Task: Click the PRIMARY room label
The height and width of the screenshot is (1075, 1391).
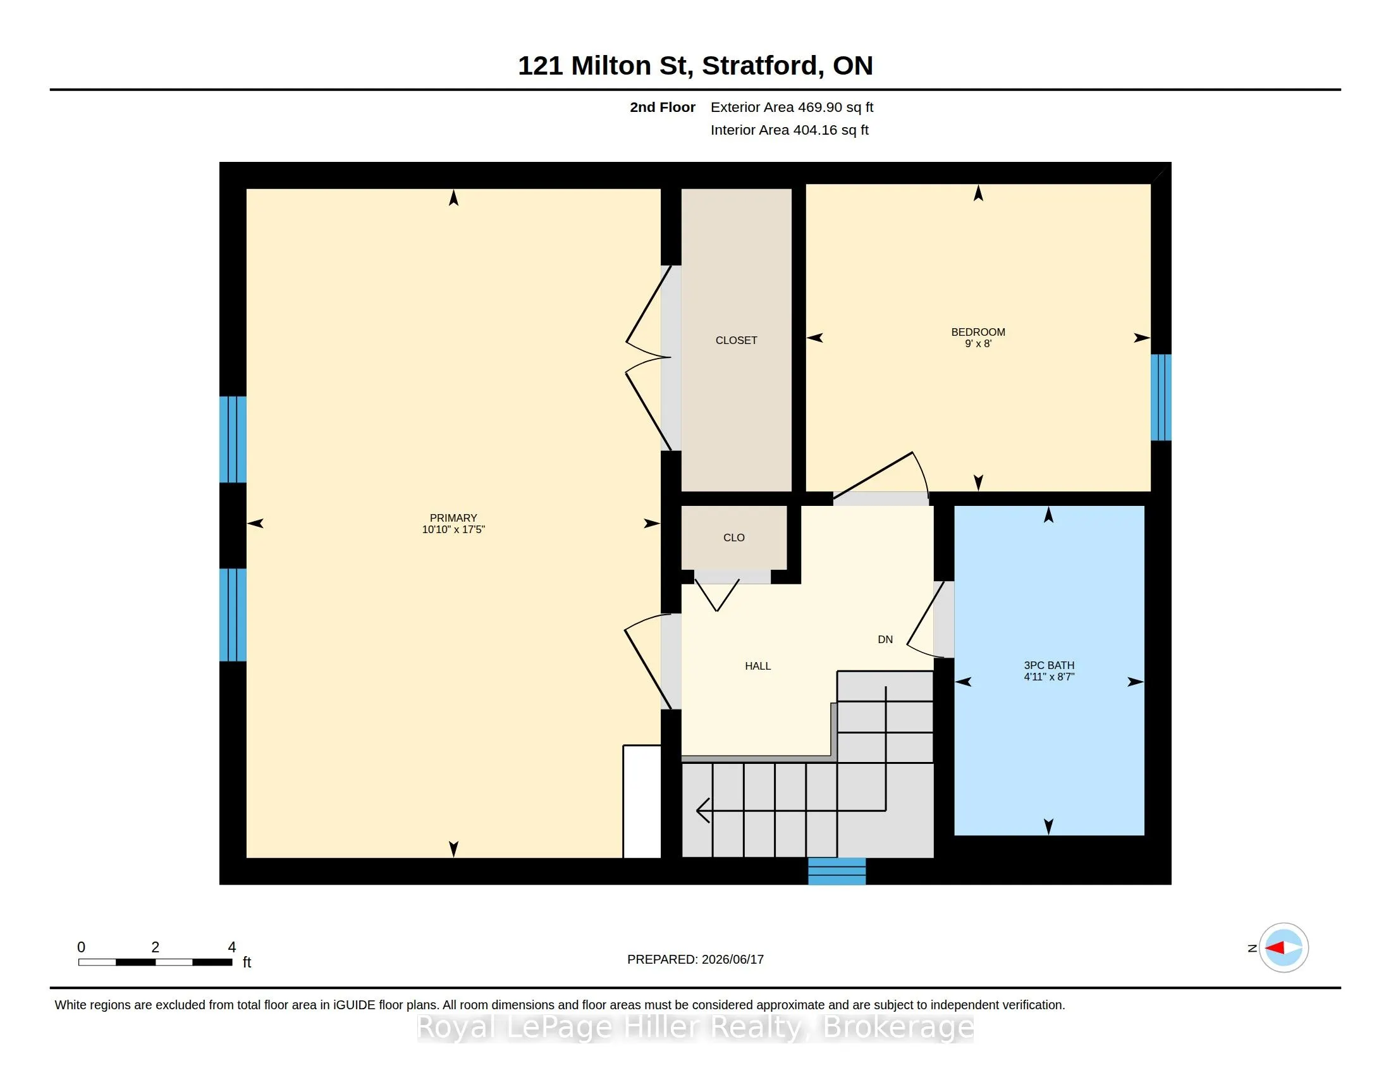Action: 453,518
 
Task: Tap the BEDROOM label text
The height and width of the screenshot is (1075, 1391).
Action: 977,332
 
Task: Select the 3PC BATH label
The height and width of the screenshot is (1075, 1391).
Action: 1048,665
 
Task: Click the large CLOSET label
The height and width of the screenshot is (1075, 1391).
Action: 736,340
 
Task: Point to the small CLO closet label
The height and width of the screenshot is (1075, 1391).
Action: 733,537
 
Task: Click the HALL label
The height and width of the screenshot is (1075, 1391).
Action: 758,665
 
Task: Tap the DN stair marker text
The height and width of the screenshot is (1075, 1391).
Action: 885,639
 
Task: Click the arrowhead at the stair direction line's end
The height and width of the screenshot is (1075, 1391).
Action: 702,811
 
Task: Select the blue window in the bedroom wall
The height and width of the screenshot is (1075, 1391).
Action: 1160,397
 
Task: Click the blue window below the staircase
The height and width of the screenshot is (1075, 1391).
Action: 837,871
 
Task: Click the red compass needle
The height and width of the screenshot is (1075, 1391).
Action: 1274,948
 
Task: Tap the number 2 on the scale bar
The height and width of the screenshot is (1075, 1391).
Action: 155,947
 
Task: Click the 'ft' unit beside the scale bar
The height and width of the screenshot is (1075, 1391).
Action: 247,962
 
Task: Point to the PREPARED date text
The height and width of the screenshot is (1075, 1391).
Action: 695,959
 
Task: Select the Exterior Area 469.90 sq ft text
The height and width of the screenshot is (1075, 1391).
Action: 792,107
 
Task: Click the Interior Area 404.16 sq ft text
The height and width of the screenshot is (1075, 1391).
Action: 789,130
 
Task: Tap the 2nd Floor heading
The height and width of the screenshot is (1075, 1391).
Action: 663,107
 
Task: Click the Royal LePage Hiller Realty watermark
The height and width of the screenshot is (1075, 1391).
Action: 695,1026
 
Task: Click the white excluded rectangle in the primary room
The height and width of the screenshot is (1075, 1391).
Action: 641,801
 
